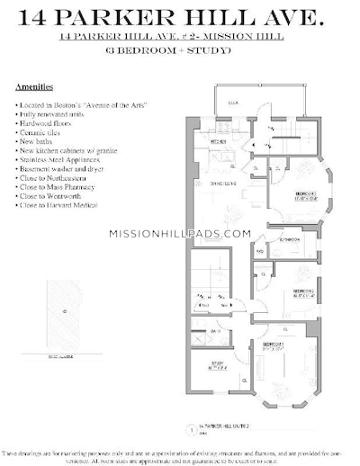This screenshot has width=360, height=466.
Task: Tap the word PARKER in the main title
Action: coord(139,15)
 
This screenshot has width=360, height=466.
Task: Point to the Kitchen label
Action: coord(218,142)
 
